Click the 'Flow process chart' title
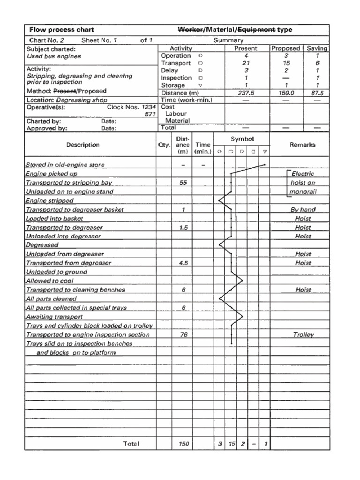pyautogui.click(x=62, y=30)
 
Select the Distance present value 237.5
pyautogui.click(x=246, y=93)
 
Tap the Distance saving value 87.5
pyautogui.click(x=317, y=93)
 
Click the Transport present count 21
pyautogui.click(x=246, y=63)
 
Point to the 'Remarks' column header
pyautogui.click(x=302, y=145)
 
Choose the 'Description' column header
pyautogui.click(x=82, y=145)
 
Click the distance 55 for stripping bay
pyautogui.click(x=183, y=183)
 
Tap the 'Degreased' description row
pyautogui.click(x=42, y=245)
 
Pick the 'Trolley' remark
pyautogui.click(x=303, y=335)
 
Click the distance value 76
pyautogui.click(x=183, y=335)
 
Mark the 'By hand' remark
pyautogui.click(x=303, y=210)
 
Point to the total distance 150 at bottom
pyautogui.click(x=183, y=443)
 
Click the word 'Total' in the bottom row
pyautogui.click(x=131, y=443)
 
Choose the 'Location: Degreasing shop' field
pyautogui.click(x=67, y=100)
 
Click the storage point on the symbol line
pyautogui.click(x=265, y=165)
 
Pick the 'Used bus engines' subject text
pyautogui.click(x=53, y=56)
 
